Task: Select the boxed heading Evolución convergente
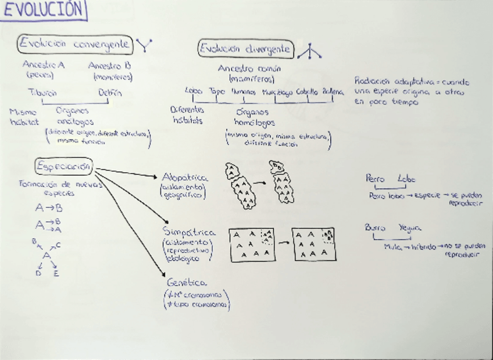tap(74, 44)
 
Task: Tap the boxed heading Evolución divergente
tap(245, 49)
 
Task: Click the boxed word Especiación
tap(63, 166)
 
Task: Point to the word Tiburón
tap(42, 92)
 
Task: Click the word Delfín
tap(110, 92)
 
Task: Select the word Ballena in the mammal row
tap(333, 92)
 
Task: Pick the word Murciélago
tap(277, 92)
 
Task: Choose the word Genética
tap(186, 282)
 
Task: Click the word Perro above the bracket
tap(376, 179)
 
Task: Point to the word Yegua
tap(410, 229)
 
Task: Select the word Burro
tap(375, 229)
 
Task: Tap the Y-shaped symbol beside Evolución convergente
tap(144, 45)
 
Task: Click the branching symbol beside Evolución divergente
tap(309, 52)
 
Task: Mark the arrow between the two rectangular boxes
tap(284, 243)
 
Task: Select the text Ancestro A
tap(44, 65)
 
